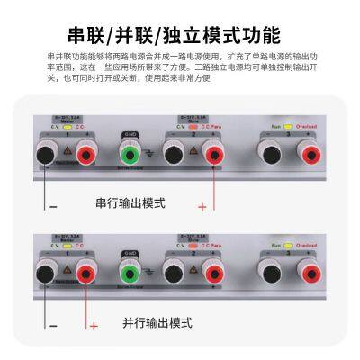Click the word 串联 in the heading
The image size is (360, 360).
[87, 35]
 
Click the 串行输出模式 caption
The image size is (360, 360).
[130, 203]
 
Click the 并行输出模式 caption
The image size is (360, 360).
[157, 322]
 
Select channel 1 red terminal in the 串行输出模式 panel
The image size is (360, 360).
[86, 156]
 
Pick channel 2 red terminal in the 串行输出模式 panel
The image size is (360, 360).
[214, 156]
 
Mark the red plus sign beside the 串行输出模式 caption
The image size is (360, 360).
[202, 206]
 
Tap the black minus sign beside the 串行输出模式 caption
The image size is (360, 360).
[52, 205]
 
